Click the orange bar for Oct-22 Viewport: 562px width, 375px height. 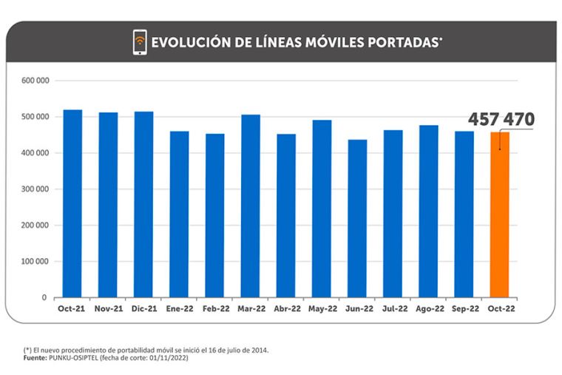pyautogui.click(x=500, y=214)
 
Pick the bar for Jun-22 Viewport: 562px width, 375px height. pyautogui.click(x=357, y=218)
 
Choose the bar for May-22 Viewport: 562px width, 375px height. pyautogui.click(x=322, y=209)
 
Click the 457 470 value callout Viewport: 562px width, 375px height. pyautogui.click(x=501, y=120)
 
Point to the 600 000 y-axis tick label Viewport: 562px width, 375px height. pyautogui.click(x=34, y=81)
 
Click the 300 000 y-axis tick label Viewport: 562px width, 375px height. pyautogui.click(x=34, y=189)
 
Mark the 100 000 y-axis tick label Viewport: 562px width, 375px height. pyautogui.click(x=34, y=261)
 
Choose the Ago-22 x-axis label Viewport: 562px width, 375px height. pyautogui.click(x=428, y=308)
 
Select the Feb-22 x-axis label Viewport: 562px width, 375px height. pyautogui.click(x=214, y=308)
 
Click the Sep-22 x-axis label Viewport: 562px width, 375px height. pyautogui.click(x=464, y=308)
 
